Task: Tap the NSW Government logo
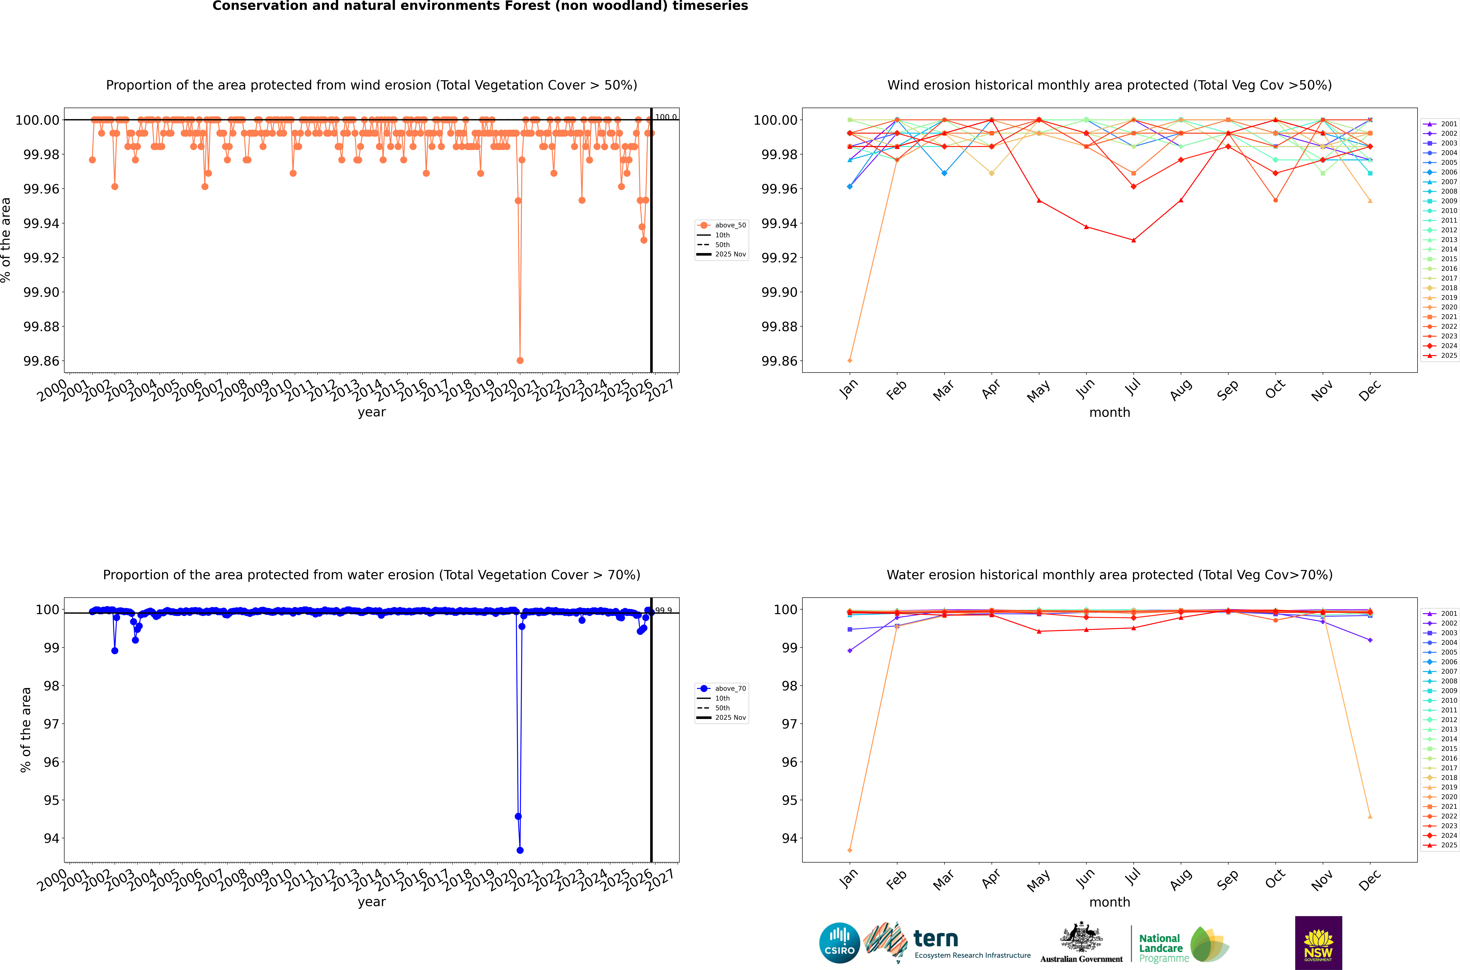pos(1318,943)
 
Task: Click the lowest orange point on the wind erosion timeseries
pos(520,361)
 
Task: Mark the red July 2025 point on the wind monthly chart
pos(1133,240)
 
